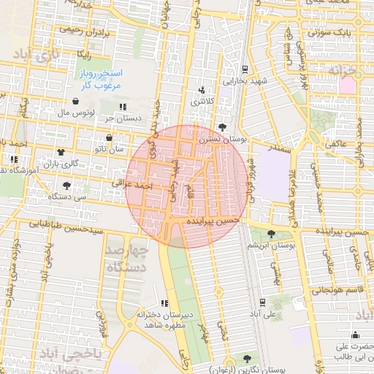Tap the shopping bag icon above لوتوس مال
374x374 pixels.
coord(77,102)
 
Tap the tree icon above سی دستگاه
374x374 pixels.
coord(67,185)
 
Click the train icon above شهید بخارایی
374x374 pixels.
coord(243,71)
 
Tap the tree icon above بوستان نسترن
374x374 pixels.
coord(222,127)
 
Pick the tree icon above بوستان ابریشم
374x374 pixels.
coord(272,234)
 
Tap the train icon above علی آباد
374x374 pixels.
coord(262,302)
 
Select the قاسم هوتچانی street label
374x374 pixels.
coord(334,290)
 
